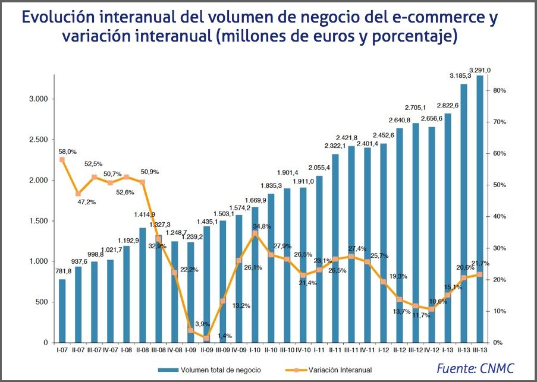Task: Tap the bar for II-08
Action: coord(143,285)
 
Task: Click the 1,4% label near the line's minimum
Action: coord(224,336)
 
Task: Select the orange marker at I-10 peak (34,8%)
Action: coord(255,233)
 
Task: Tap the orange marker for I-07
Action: coord(62,160)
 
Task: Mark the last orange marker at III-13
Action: coord(480,274)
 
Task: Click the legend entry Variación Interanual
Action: coord(340,370)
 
